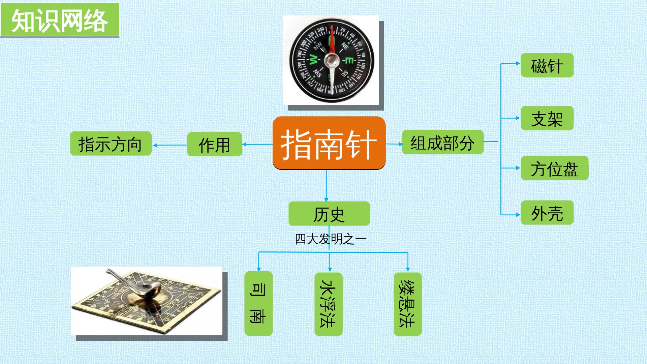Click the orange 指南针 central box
click(329, 143)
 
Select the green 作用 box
click(215, 144)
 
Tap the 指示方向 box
click(111, 144)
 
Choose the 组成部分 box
click(443, 142)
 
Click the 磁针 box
click(547, 65)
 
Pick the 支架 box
click(547, 118)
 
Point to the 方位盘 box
click(554, 168)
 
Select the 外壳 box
click(547, 213)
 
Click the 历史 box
click(329, 214)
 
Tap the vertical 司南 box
click(258, 304)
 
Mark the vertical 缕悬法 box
click(408, 304)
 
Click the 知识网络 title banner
click(60, 20)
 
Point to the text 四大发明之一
click(331, 239)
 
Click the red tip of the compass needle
click(332, 27)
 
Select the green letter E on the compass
click(349, 61)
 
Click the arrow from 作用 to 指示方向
click(170, 145)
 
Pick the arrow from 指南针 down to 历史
click(326, 185)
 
